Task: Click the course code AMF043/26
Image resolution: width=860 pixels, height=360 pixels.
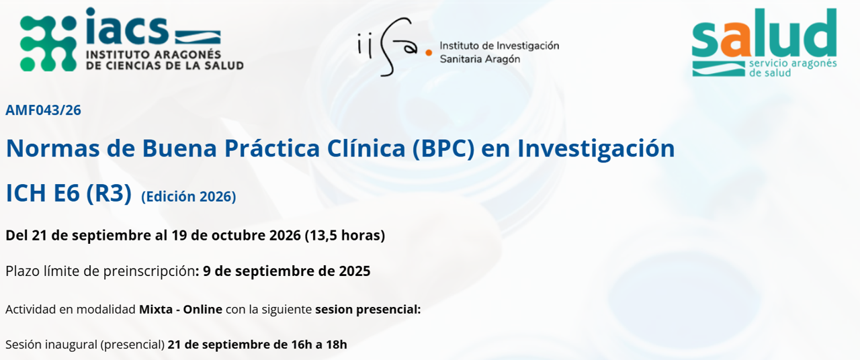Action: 44,110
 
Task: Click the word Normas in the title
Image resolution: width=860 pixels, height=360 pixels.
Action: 53,148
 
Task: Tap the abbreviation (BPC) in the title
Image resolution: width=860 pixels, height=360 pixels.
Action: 443,149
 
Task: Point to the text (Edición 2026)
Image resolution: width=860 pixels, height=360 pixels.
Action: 189,197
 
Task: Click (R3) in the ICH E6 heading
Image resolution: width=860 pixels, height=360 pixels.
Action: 109,193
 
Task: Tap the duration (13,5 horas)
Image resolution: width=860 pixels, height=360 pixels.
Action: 345,235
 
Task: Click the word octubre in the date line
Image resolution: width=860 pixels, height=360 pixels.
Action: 236,235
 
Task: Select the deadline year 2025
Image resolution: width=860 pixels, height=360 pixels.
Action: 354,271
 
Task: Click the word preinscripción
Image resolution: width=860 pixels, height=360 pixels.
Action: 149,271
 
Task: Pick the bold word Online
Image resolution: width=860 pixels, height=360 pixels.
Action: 202,310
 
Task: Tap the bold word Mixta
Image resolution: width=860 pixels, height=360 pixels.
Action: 155,310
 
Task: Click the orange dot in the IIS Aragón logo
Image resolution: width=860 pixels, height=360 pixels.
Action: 429,53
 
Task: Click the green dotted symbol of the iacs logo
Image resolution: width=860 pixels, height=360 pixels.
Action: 48,44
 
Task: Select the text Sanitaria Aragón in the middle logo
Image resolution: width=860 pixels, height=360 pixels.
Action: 480,59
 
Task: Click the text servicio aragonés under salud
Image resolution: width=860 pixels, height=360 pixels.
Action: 793,63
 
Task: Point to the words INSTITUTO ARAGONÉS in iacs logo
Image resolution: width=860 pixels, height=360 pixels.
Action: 154,54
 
